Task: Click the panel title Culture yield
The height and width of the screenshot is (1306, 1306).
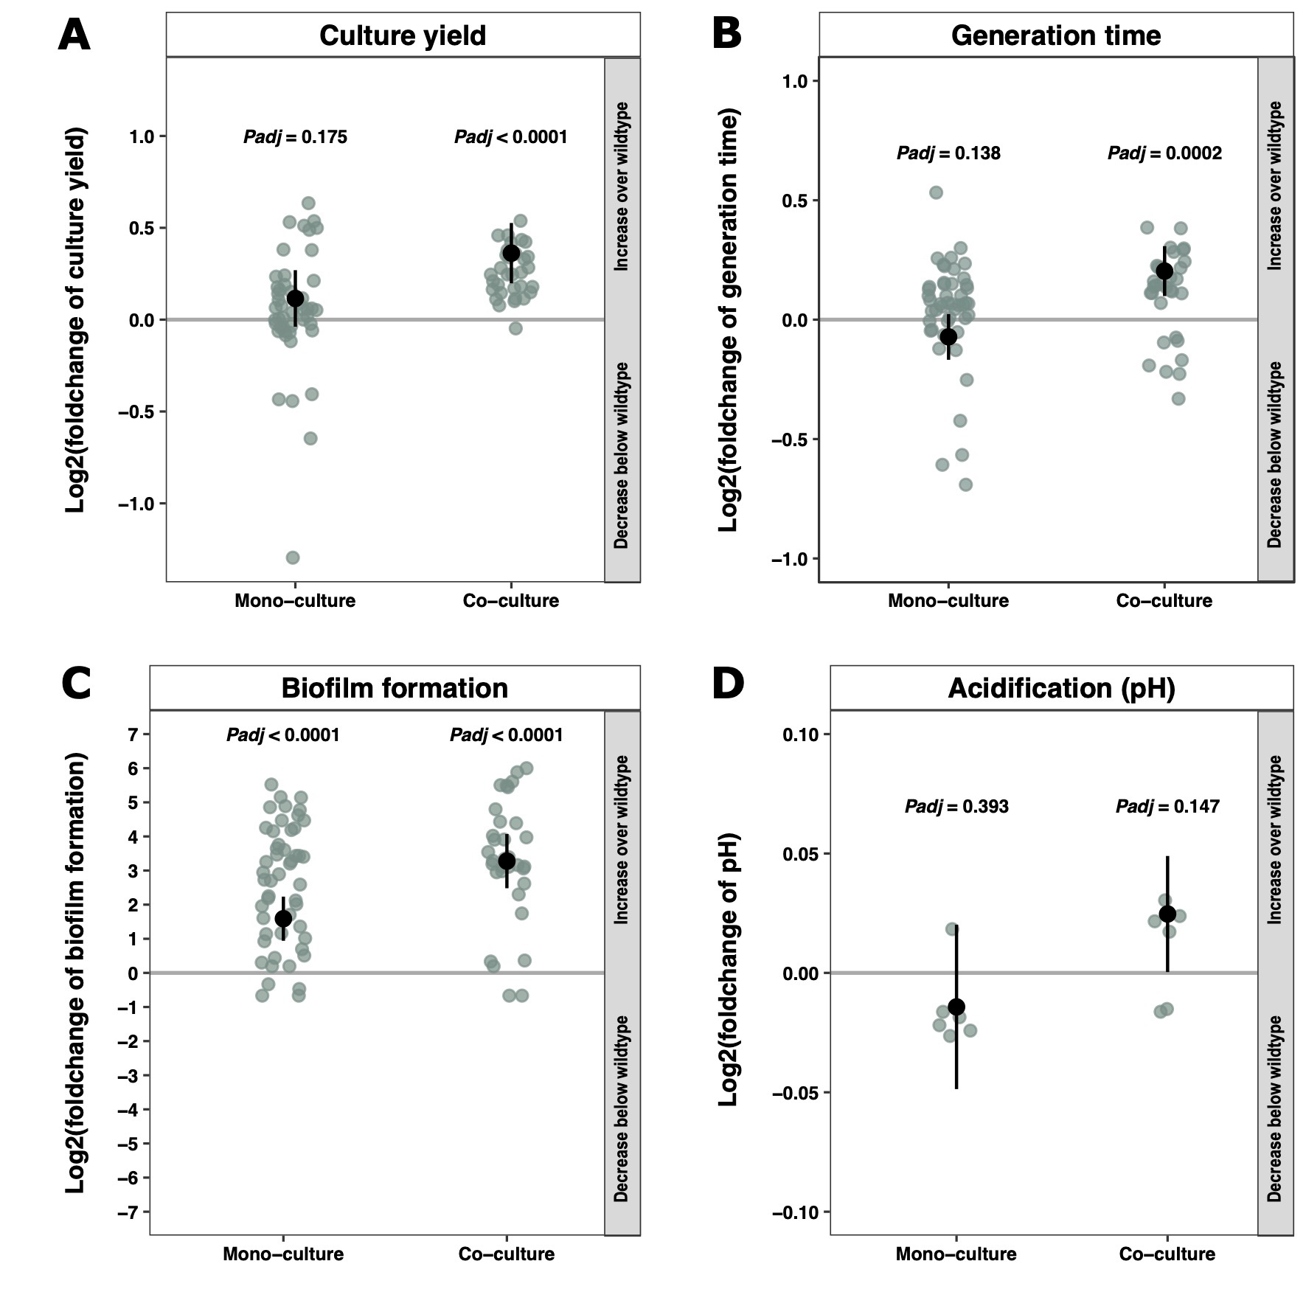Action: point(403,35)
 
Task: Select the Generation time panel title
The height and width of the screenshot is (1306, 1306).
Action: point(1055,35)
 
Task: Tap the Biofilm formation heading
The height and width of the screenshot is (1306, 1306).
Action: point(395,688)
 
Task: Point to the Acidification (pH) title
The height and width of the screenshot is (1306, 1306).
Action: point(1061,688)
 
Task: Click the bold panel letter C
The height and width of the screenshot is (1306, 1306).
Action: point(76,684)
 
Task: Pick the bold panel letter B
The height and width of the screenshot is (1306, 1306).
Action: point(727,34)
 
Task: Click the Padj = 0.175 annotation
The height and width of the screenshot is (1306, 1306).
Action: point(295,137)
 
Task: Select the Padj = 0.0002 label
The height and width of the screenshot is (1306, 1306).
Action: point(1164,153)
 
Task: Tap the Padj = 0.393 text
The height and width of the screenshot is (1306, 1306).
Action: point(956,807)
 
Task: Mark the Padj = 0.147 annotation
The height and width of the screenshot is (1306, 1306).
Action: point(1167,807)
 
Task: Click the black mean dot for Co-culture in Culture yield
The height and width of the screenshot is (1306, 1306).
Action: point(511,253)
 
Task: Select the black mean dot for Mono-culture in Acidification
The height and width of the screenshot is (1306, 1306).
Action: point(956,1007)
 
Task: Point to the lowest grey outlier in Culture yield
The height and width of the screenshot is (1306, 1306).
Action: point(293,558)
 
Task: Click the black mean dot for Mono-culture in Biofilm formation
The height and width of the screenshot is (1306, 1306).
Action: point(283,918)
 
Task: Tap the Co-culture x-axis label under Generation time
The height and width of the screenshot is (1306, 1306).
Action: point(1164,601)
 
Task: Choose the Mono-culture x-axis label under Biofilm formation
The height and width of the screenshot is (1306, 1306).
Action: point(283,1254)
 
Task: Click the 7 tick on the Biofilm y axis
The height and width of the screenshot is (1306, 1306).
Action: point(133,734)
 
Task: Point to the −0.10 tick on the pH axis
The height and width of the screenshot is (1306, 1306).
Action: point(795,1212)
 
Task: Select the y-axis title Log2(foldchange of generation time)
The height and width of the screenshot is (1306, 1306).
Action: point(729,321)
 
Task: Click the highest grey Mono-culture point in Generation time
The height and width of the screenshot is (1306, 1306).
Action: point(936,192)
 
